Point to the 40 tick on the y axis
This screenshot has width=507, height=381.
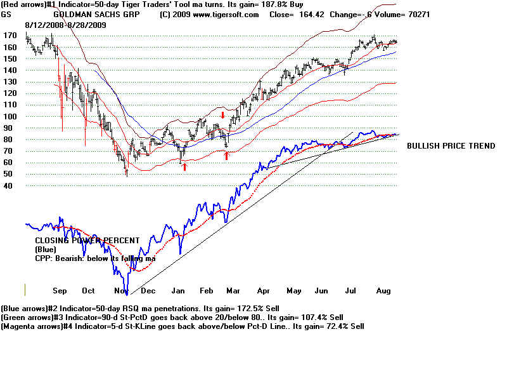point(8,186)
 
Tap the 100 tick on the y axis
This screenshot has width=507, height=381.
point(9,116)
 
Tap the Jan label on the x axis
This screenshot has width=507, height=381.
point(179,290)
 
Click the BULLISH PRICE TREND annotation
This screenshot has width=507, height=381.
point(451,146)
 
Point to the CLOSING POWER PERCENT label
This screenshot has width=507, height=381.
point(87,241)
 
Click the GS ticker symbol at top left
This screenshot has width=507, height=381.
point(7,14)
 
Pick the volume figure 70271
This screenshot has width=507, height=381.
point(416,14)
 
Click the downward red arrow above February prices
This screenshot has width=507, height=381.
point(222,115)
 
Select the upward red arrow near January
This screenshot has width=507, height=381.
point(184,166)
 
